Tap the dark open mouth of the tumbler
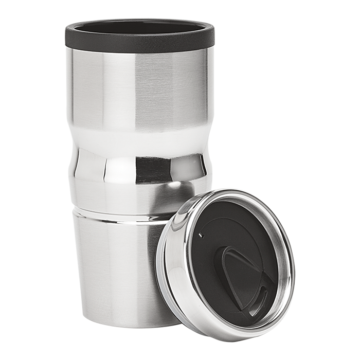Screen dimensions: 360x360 click(x=139, y=27)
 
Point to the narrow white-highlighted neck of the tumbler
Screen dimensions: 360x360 click(x=139, y=136)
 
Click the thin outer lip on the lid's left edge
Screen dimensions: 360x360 click(x=160, y=267)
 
